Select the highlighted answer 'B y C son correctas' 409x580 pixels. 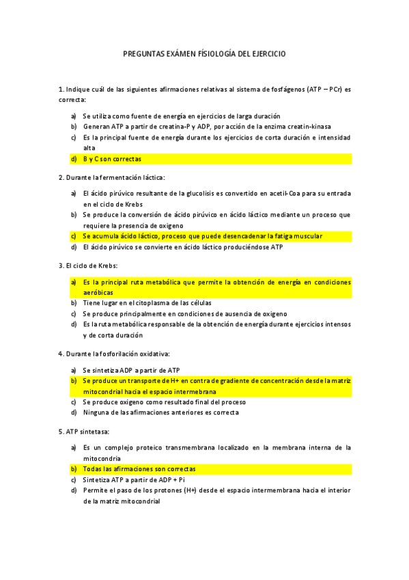pos(112,159)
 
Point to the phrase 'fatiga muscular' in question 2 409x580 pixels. pos(298,236)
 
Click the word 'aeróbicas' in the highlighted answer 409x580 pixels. pos(99,292)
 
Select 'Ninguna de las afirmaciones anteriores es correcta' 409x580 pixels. pos(160,412)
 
